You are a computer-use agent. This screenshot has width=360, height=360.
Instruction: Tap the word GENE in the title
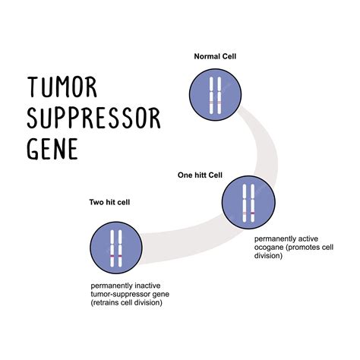click(x=53, y=147)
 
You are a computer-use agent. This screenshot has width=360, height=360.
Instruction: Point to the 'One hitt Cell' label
click(x=199, y=175)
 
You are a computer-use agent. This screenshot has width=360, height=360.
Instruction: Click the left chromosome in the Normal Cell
click(x=211, y=93)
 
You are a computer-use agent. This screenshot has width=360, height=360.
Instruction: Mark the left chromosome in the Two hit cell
click(x=112, y=250)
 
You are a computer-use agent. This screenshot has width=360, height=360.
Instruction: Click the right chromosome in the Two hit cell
click(x=120, y=250)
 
